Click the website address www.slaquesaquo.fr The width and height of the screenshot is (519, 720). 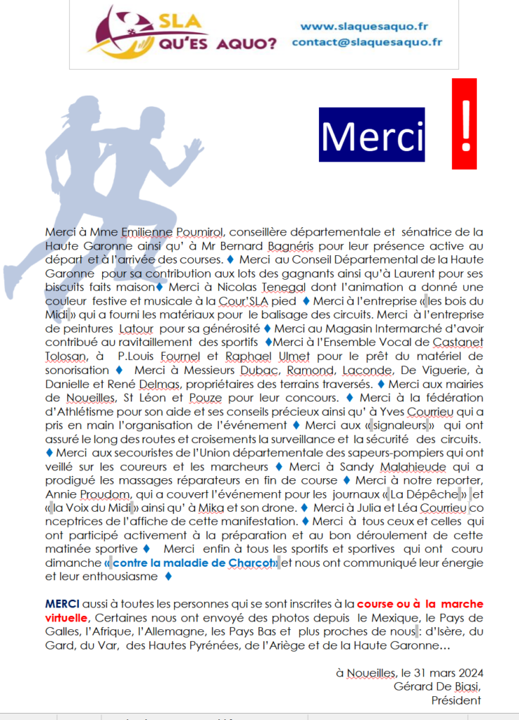pos(364,27)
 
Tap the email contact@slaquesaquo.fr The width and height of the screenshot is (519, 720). pos(367,41)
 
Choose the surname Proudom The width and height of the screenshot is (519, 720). pos(94,494)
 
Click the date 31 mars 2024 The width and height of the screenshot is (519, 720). pos(442,673)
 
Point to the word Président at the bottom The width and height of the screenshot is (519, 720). pos(456,700)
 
